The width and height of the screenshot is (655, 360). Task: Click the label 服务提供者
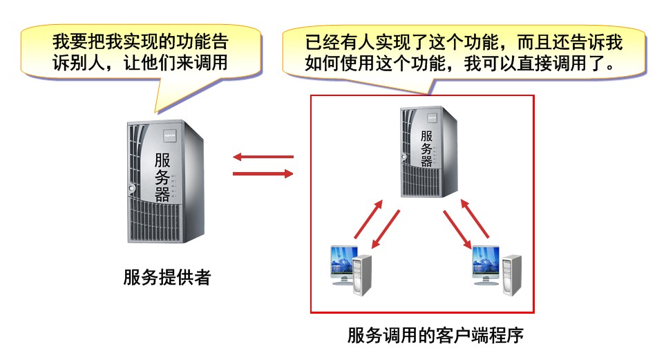tap(167, 278)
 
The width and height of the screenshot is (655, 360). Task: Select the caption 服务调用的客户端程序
tap(435, 337)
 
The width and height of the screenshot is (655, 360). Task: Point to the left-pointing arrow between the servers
tap(263, 157)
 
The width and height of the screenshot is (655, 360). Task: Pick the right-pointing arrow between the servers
tap(263, 173)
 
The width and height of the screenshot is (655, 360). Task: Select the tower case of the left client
tap(362, 274)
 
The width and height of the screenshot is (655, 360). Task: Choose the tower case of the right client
tap(512, 274)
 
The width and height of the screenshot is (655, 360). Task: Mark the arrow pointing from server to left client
tap(386, 229)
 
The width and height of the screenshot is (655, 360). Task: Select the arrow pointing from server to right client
tap(457, 229)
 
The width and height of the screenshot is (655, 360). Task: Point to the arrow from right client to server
tap(477, 220)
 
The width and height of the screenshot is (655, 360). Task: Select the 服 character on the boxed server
tap(427, 135)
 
